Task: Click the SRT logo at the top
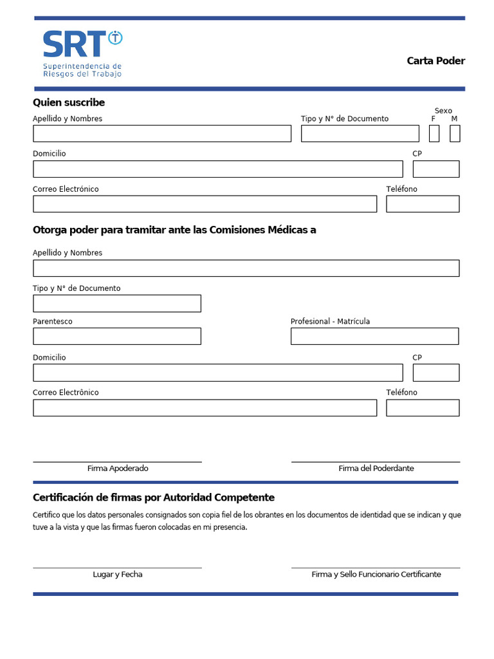click(x=82, y=53)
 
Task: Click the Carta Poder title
click(x=435, y=61)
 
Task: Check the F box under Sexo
click(x=434, y=133)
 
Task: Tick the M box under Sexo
click(x=455, y=133)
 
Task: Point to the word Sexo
click(x=443, y=111)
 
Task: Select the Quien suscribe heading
click(x=69, y=102)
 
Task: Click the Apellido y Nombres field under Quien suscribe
click(x=162, y=133)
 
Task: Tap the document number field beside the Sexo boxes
click(x=360, y=133)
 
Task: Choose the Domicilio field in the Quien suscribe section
click(x=217, y=169)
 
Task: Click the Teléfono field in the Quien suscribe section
click(x=423, y=204)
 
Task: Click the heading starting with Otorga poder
click(x=174, y=230)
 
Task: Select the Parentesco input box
click(x=117, y=336)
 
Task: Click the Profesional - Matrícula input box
click(x=374, y=336)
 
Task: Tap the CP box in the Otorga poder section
click(x=436, y=373)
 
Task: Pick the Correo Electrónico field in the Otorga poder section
click(x=205, y=408)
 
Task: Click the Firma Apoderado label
click(x=118, y=469)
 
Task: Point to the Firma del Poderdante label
click(x=376, y=469)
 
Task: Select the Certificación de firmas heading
click(x=154, y=497)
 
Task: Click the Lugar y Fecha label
click(x=118, y=574)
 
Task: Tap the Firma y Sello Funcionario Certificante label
click(x=376, y=574)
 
